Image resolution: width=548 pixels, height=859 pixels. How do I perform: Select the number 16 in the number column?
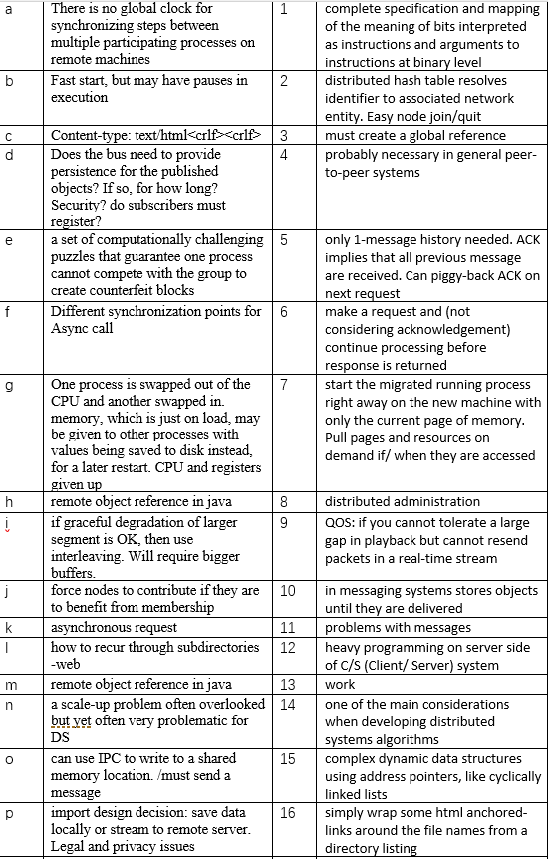point(288,814)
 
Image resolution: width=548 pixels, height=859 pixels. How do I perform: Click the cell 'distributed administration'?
point(403,501)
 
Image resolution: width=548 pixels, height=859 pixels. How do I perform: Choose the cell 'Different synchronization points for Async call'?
point(155,320)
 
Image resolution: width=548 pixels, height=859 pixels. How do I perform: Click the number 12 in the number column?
point(288,648)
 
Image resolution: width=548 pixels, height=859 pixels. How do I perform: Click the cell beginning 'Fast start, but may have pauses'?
point(149,89)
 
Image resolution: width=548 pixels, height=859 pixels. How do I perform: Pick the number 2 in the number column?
point(284,81)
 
